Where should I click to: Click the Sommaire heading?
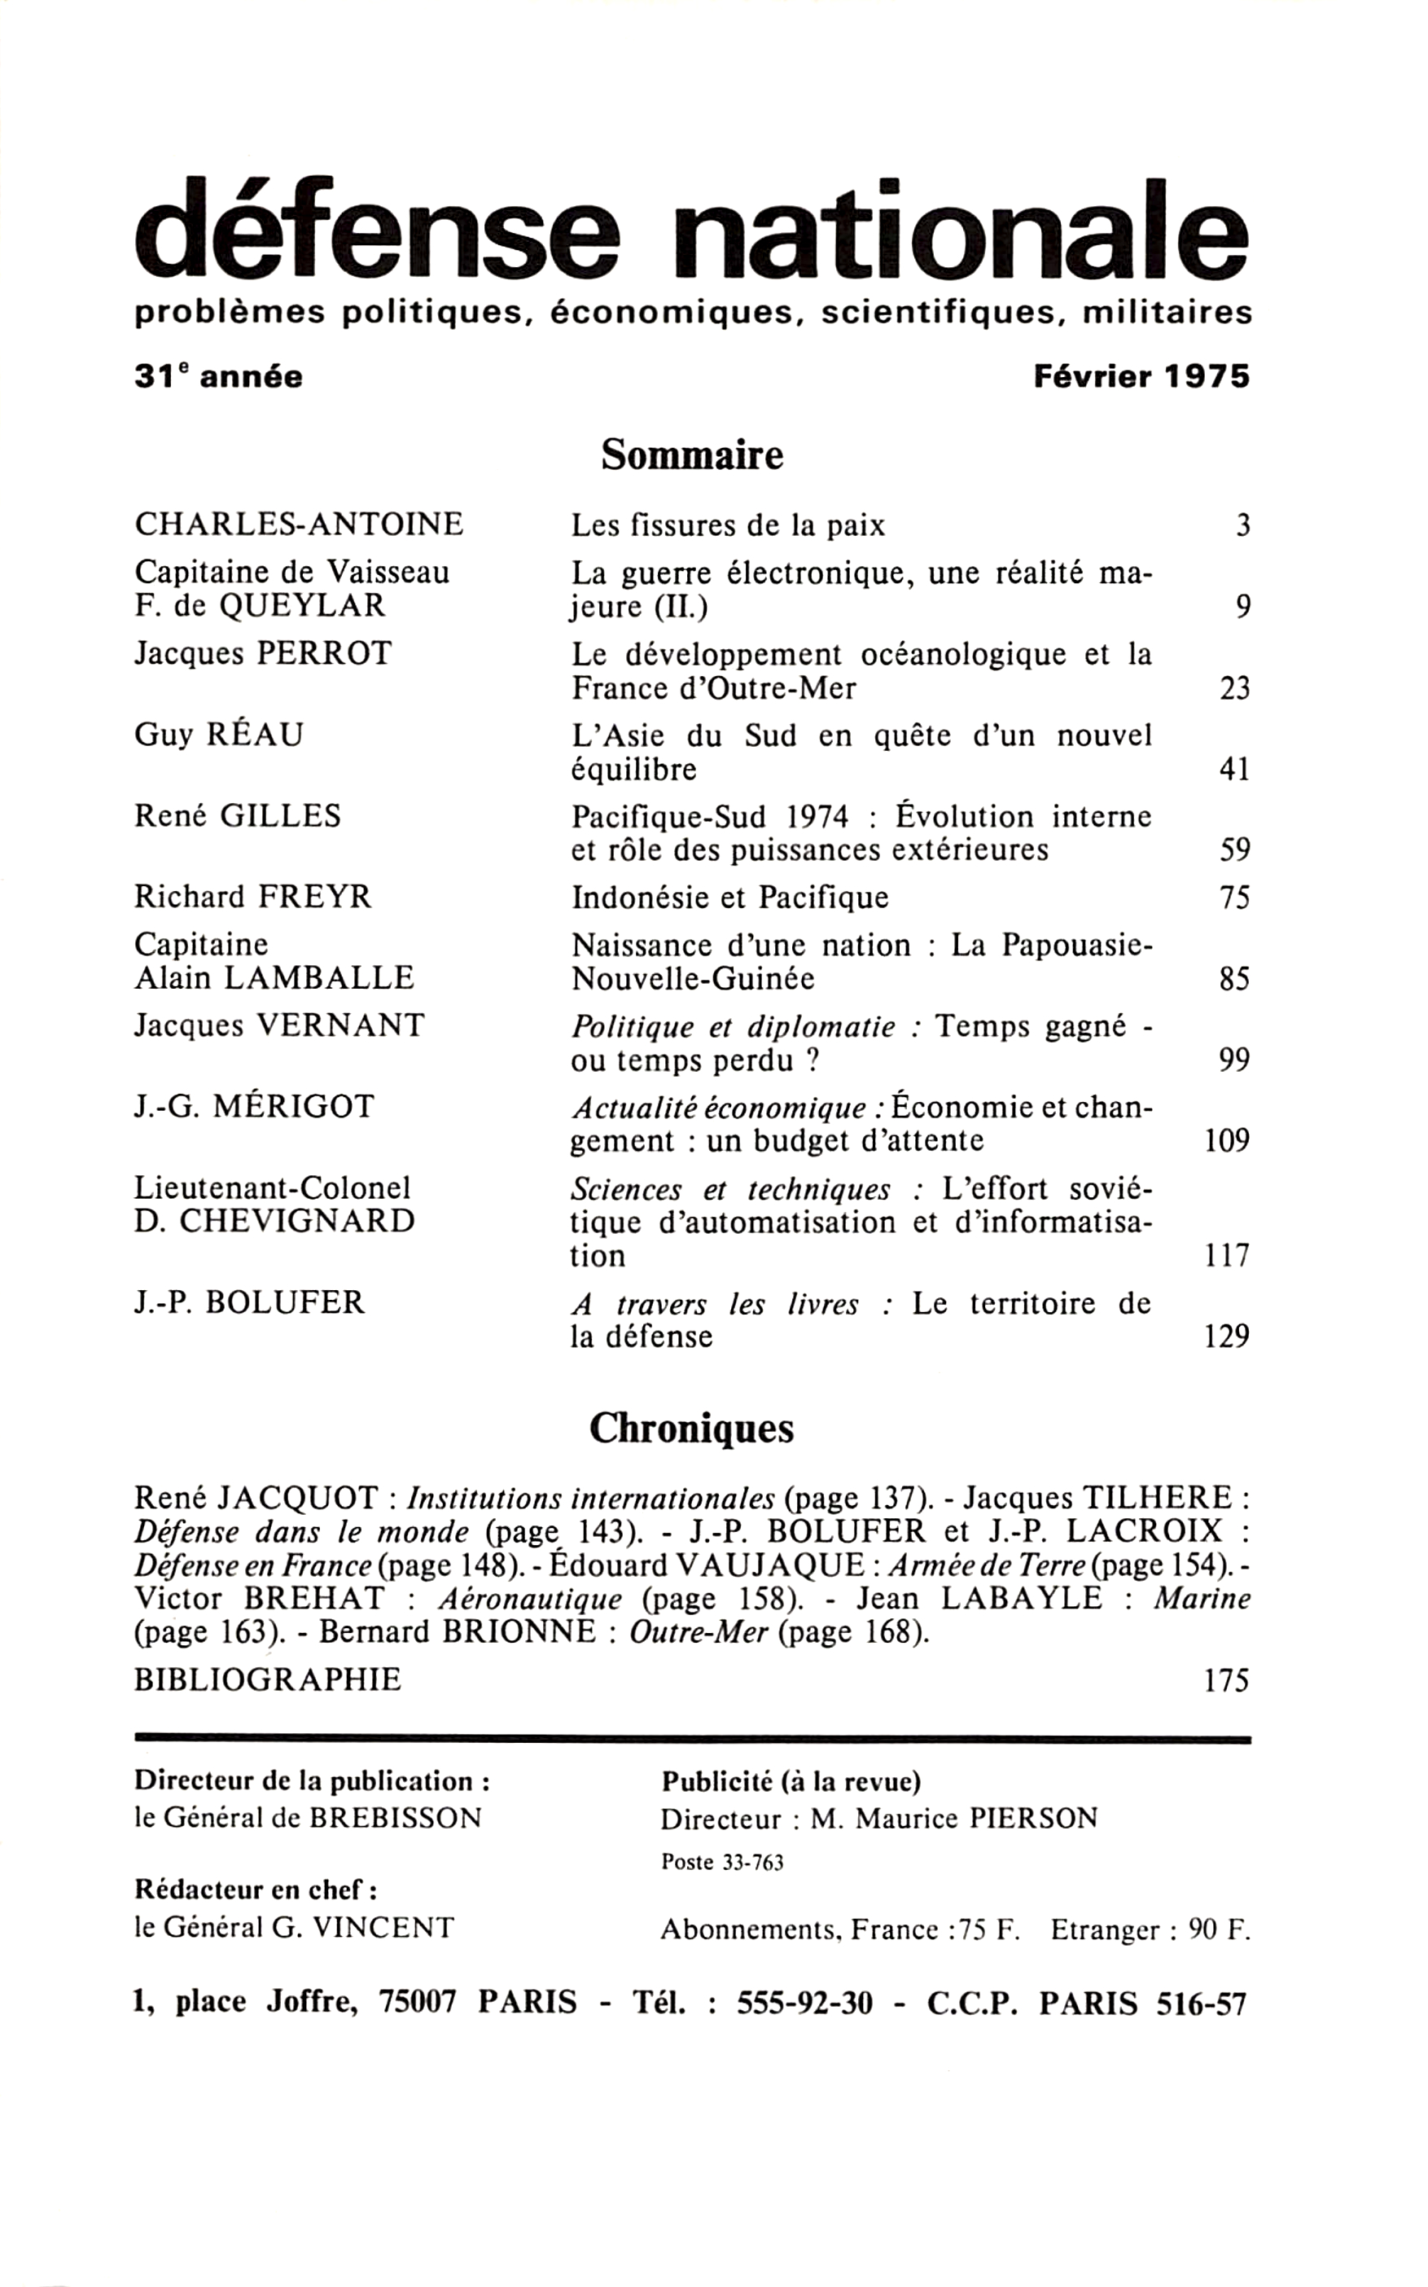(692, 455)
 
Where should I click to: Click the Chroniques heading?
(691, 1428)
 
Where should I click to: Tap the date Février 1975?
(1141, 377)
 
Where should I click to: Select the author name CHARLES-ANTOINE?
(300, 524)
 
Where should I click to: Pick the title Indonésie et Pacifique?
(730, 897)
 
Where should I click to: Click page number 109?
(1227, 1141)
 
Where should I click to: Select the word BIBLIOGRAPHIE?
(268, 1679)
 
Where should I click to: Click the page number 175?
(1227, 1680)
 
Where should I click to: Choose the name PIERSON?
(1033, 1819)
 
